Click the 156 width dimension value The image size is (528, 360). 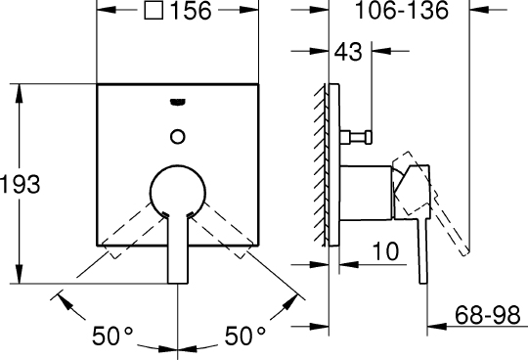191,10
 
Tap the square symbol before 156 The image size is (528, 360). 154,10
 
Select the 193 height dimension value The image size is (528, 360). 20,184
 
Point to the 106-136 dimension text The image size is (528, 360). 402,10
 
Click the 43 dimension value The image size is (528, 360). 348,52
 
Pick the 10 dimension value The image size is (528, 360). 386,251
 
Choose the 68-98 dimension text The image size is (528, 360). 488,316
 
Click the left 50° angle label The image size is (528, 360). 112,336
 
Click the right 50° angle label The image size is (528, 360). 245,336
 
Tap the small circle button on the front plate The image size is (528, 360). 178,137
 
